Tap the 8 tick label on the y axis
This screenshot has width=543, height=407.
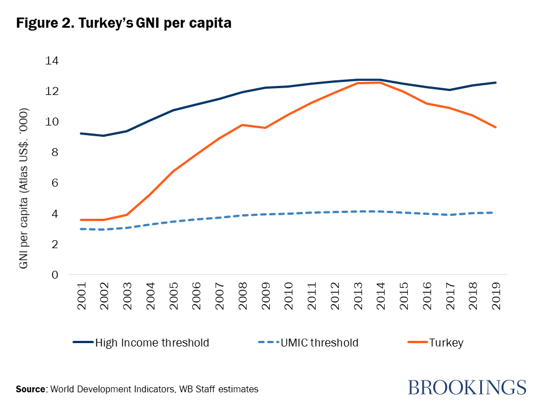point(55,152)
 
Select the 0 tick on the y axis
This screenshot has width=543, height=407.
point(55,275)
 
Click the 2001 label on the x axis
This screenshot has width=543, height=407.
point(81,295)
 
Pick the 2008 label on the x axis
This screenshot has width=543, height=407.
point(242,295)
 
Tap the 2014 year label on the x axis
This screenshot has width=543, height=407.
point(381,295)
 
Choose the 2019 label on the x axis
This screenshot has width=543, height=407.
point(496,295)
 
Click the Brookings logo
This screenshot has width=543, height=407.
point(467,387)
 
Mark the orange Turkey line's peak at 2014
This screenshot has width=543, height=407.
point(381,83)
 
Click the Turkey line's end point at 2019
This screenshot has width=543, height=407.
point(496,127)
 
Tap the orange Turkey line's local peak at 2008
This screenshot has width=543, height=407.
point(242,125)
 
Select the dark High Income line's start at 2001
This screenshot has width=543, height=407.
point(81,133)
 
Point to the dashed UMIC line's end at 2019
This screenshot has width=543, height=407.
point(496,213)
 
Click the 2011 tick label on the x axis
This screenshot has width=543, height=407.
point(312,295)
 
